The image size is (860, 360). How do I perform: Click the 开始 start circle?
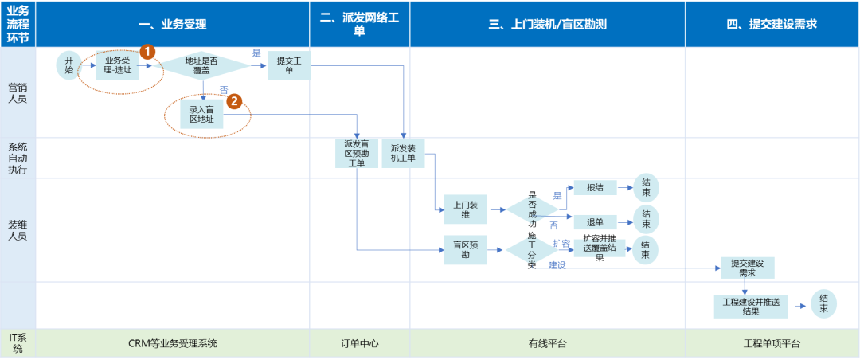[68, 65]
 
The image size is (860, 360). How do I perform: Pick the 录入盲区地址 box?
[201, 115]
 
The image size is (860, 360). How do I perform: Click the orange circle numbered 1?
[147, 51]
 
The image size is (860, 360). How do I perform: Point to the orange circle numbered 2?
[233, 101]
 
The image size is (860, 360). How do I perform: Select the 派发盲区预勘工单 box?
[355, 153]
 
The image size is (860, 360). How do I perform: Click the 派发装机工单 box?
[403, 153]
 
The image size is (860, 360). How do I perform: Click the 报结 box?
[595, 188]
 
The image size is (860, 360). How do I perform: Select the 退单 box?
[595, 221]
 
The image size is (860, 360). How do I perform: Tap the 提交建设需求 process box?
[746, 268]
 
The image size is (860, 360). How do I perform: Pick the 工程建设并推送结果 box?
[751, 307]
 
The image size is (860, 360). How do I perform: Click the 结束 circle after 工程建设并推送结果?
[823, 304]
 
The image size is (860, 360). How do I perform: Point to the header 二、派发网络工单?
[360, 24]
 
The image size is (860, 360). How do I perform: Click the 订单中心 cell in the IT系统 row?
[360, 344]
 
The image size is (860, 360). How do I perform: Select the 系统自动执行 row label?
[18, 158]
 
